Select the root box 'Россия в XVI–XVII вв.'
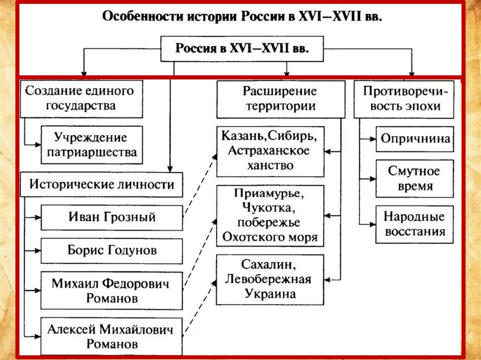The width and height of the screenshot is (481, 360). [242, 49]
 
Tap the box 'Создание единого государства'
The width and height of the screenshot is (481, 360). [81, 98]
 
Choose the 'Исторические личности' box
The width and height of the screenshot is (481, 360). [101, 184]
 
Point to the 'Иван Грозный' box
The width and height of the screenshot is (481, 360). [111, 217]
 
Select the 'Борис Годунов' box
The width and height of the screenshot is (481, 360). [111, 250]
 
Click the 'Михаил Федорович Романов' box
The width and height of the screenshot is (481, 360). [111, 291]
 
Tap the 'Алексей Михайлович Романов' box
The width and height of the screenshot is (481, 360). [111, 336]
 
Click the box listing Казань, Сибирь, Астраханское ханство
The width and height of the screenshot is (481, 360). [270, 151]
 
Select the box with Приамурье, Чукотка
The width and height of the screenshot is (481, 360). [270, 216]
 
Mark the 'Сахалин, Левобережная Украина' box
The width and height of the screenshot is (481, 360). [270, 280]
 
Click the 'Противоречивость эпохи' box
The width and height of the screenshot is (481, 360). [404, 98]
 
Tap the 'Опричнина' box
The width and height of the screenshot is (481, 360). [415, 139]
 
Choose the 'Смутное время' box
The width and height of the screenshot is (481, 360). [415, 178]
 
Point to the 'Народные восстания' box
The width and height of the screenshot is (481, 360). [415, 224]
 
